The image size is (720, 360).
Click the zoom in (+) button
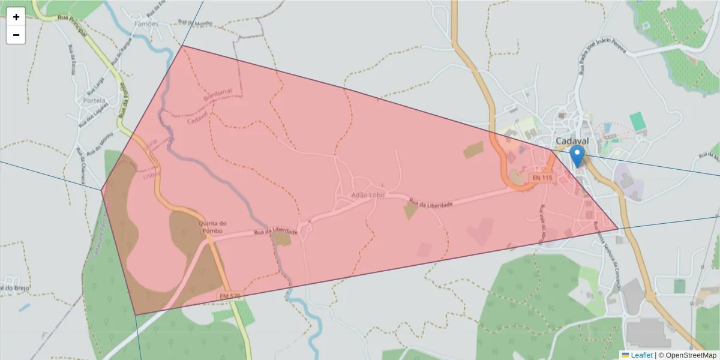click(x=16, y=17)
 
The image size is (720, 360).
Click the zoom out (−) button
click(x=16, y=35)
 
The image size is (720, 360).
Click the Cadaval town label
click(x=572, y=141)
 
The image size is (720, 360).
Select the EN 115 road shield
click(x=541, y=178)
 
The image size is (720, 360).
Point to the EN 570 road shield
click(x=230, y=296)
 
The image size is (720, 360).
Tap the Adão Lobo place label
click(x=368, y=195)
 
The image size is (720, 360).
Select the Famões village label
click(x=147, y=24)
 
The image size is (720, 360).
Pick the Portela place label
click(x=95, y=100)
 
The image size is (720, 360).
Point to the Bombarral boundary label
click(x=217, y=96)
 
